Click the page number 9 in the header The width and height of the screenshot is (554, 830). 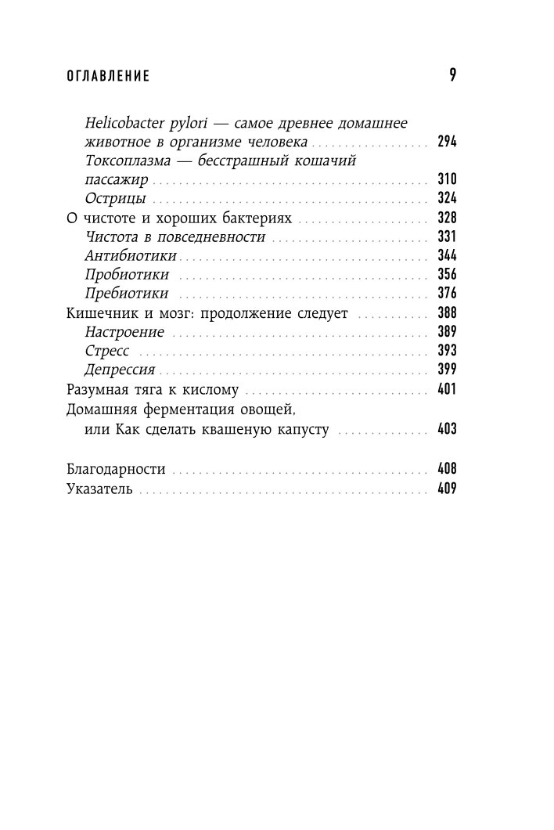[x=452, y=75]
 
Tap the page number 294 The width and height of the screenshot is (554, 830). [x=447, y=143]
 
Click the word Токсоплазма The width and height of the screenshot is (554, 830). [x=129, y=161]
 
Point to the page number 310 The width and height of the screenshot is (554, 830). [x=447, y=179]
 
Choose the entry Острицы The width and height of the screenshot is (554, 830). [x=115, y=198]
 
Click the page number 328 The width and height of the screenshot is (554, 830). [x=447, y=218]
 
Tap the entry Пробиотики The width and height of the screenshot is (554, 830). [x=125, y=275]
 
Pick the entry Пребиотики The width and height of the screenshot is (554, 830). [x=125, y=294]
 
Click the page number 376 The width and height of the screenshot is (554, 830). [x=447, y=294]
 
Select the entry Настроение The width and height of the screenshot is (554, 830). [x=124, y=332]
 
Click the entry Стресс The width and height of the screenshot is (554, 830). [x=107, y=351]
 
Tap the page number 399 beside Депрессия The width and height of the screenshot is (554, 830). [x=447, y=370]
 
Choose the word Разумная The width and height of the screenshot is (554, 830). [x=95, y=389]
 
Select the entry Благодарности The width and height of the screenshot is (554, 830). [x=115, y=469]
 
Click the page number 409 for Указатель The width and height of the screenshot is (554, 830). [x=447, y=489]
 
